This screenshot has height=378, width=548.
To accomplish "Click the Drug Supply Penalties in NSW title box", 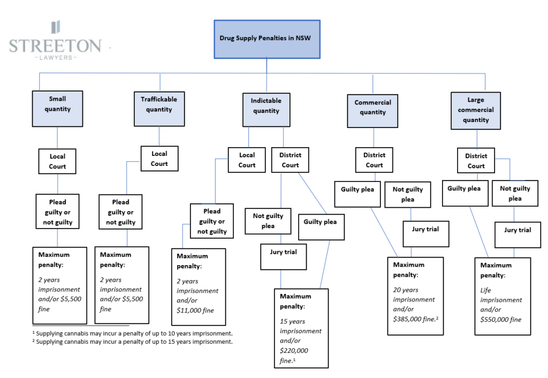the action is point(267,39).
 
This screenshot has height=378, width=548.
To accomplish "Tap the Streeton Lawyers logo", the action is point(55,41).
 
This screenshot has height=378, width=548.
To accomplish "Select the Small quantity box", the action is point(57,108).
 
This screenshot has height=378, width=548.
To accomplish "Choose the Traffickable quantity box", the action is point(159,109).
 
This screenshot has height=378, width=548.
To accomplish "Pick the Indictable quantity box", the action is point(267,109).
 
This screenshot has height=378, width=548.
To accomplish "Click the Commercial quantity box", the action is point(372,111).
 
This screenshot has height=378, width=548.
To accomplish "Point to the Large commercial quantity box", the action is point(476,110).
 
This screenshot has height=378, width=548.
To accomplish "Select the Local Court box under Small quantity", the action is point(57,161).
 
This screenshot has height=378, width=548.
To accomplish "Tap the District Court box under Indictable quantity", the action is point(290,160).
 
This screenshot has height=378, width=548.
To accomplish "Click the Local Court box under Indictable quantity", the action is point(247,160).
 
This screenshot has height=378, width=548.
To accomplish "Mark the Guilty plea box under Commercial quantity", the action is point(357,194).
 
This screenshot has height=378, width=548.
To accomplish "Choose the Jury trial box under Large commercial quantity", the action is point(518,235).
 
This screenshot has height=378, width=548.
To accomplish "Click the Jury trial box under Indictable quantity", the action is point(284,256).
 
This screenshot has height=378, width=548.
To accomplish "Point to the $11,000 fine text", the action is point(195,310).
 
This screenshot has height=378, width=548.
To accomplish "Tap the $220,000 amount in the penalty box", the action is point(294,350).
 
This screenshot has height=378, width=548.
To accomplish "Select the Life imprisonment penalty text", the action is point(501,295).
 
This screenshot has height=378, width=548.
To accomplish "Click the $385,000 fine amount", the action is point(415,319).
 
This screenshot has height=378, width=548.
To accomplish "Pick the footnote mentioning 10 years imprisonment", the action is point(133,333).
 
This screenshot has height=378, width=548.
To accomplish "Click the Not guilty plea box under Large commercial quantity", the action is point(515,193).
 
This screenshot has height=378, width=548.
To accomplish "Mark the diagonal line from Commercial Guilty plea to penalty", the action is point(384,232).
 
